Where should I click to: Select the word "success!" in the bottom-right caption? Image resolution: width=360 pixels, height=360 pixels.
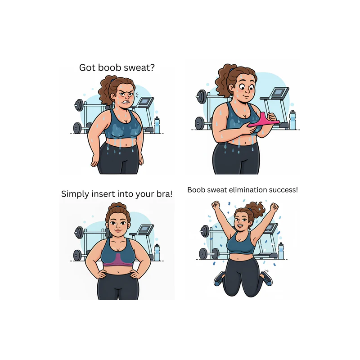click(x=281, y=190)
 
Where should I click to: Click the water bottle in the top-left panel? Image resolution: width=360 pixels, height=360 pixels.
click(x=157, y=125)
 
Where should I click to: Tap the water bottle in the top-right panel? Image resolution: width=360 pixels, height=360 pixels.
click(x=292, y=120)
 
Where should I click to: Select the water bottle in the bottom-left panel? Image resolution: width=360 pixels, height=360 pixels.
click(x=157, y=252)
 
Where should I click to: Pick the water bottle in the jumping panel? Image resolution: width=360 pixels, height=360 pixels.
click(x=281, y=251)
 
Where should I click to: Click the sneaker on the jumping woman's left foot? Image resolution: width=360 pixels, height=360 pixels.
click(x=267, y=279)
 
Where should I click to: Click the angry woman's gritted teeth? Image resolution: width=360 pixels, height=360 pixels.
click(x=126, y=101)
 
